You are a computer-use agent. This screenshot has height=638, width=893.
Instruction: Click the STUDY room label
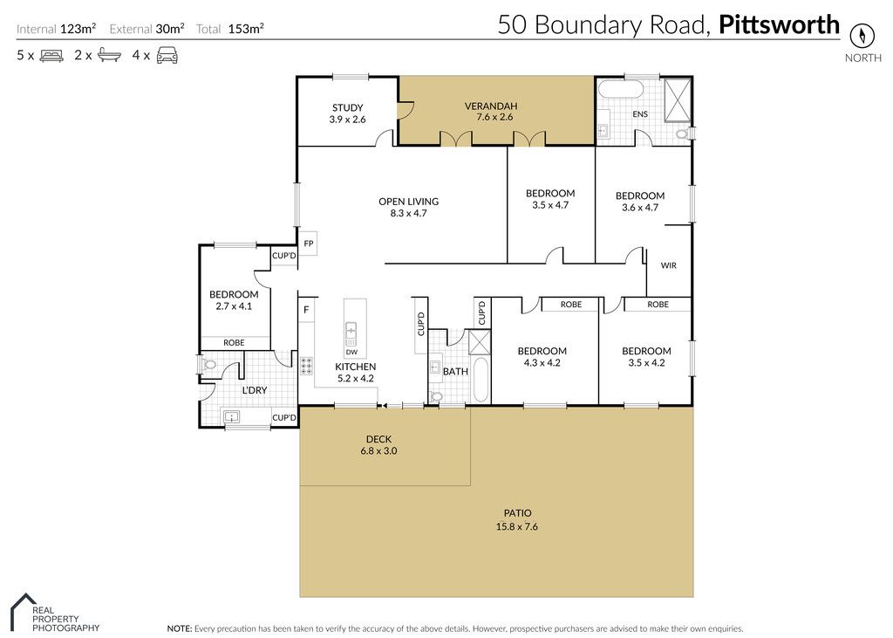[x=347, y=107]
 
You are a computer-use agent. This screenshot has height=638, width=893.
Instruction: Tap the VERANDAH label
[x=491, y=106]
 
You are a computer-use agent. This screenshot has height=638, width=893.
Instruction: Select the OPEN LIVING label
[x=408, y=202]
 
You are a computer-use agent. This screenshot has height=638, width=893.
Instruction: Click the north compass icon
[x=862, y=36]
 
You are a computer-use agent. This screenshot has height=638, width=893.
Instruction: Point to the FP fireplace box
[x=308, y=244]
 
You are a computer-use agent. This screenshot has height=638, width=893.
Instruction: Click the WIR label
[x=669, y=265]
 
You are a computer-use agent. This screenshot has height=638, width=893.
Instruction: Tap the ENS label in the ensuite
[x=640, y=114]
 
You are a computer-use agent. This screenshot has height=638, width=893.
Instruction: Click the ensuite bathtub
[x=621, y=90]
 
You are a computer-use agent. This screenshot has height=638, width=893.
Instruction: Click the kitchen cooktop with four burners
[x=306, y=366]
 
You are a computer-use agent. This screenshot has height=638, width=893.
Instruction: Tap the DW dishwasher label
[x=352, y=353]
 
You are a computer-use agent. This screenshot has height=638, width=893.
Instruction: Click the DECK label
[x=378, y=439]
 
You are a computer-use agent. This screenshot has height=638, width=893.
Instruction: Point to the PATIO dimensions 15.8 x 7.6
[x=516, y=527]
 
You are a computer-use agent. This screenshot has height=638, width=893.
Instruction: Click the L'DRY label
[x=255, y=390]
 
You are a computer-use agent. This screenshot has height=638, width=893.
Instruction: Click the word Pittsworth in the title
[x=779, y=25]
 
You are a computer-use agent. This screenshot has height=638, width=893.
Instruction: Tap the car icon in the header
[x=167, y=55]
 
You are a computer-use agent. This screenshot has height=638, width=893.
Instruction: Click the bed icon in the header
[x=51, y=56]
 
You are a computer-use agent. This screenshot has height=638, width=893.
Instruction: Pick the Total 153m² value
[x=246, y=29]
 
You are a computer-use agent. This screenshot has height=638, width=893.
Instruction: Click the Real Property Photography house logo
[x=23, y=609]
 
